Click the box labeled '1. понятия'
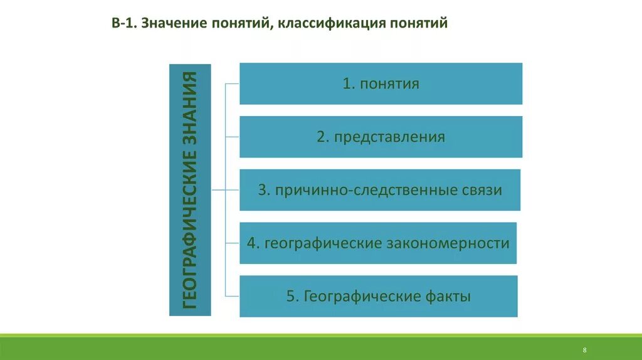click(x=381, y=83)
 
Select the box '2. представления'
click(x=381, y=137)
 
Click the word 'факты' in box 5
click(x=446, y=296)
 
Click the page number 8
click(x=584, y=349)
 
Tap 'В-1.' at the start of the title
click(x=124, y=24)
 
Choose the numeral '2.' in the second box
click(x=323, y=137)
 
